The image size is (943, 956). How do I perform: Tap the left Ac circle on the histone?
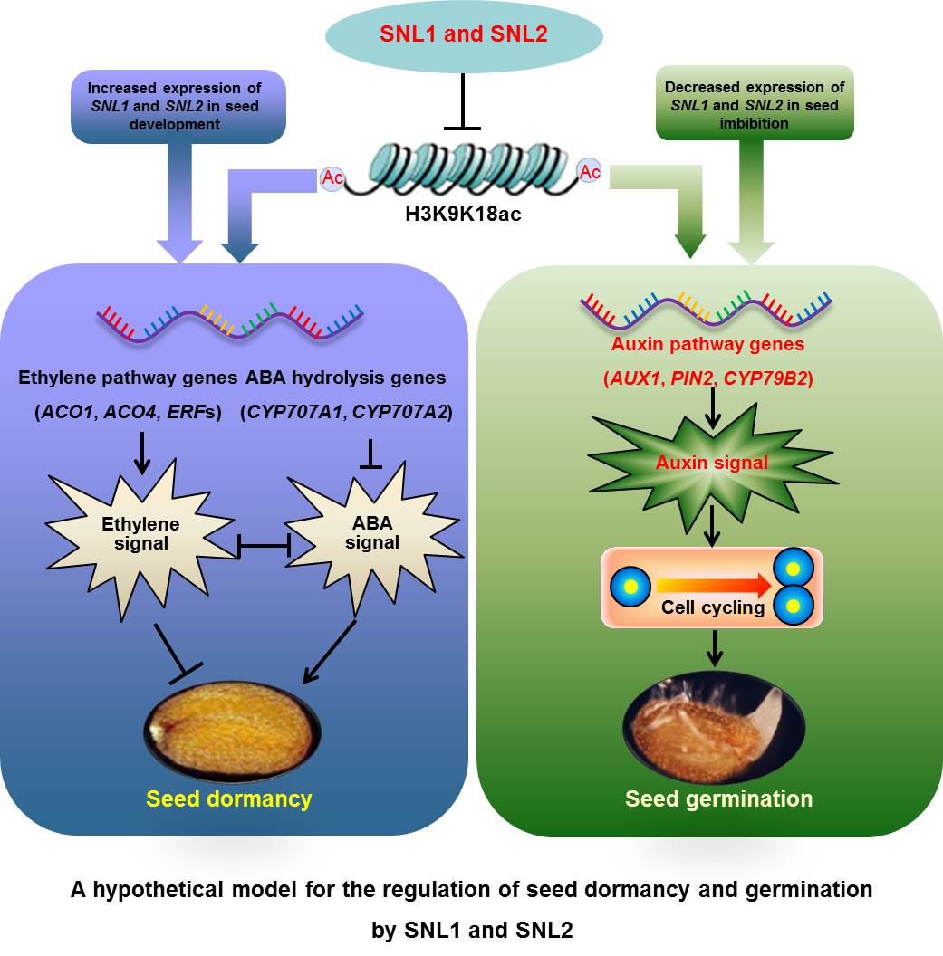[332, 178]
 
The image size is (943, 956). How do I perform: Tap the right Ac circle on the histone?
[590, 171]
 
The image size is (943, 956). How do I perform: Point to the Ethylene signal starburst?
[140, 534]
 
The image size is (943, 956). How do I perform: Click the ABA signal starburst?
[371, 533]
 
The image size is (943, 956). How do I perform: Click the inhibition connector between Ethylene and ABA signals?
[263, 545]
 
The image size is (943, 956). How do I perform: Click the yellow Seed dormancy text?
[229, 798]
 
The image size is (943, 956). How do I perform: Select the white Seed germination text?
[718, 798]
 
